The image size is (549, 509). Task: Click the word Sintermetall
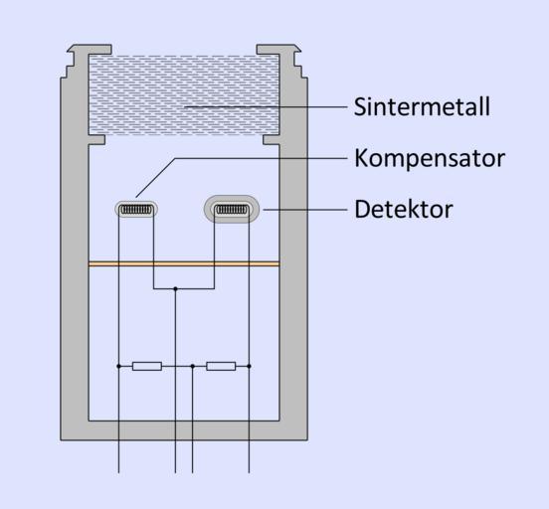[x=422, y=106]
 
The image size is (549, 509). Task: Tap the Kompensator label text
[x=430, y=158]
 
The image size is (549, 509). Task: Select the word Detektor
[x=404, y=210]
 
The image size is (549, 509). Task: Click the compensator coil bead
[x=136, y=210]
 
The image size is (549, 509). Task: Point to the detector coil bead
[x=232, y=210]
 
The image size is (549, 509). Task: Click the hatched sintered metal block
[x=184, y=94]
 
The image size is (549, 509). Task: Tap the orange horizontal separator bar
[x=184, y=264]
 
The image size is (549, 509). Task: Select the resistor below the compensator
[x=147, y=366]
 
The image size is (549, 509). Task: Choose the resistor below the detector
[x=221, y=366]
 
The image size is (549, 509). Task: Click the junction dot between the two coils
[x=175, y=289]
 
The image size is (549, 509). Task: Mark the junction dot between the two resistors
[x=192, y=366]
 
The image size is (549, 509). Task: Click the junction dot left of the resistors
[x=118, y=366]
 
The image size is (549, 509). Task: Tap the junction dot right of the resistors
[x=249, y=366]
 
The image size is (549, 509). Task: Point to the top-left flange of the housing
[x=90, y=49]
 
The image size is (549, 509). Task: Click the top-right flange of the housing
[x=278, y=49]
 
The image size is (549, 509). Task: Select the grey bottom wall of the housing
[x=184, y=430]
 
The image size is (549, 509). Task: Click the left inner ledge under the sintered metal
[x=96, y=140]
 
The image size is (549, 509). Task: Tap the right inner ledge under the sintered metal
[x=271, y=140]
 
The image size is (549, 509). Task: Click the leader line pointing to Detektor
[x=305, y=210]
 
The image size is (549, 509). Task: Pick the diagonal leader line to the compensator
[x=155, y=178]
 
